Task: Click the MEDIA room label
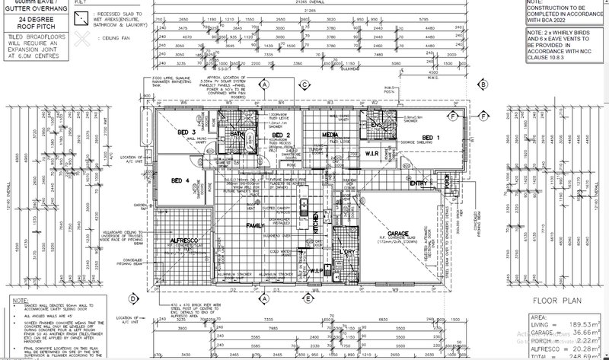point(331,134)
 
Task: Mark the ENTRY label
point(418,183)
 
